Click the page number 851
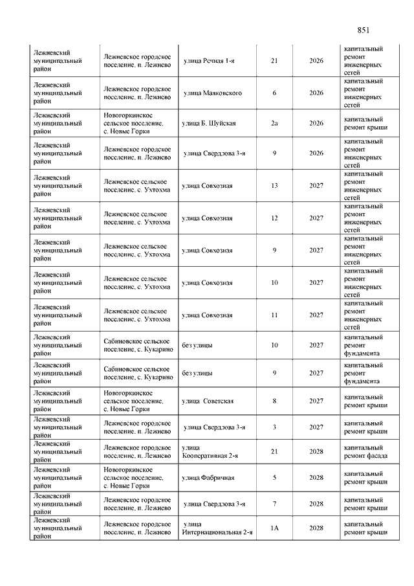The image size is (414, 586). coord(363,30)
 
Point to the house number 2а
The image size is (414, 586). coord(274,123)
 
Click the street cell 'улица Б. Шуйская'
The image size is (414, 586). coord(208,123)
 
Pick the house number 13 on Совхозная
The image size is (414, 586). coord(274,186)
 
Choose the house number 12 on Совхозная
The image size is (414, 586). coord(274,218)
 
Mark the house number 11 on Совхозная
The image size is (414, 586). coord(274,315)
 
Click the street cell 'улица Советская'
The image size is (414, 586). coord(208,401)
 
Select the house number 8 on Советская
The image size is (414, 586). coord(274,401)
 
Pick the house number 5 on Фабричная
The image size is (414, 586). coord(274,478)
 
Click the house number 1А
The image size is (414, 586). coord(274,528)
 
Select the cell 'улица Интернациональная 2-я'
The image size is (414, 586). coord(217,528)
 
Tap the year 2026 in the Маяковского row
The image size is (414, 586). coord(316,93)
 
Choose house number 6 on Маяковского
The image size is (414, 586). coord(274,93)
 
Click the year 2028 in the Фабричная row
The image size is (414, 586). coord(316,478)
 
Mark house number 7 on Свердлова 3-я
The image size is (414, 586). coord(274,504)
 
